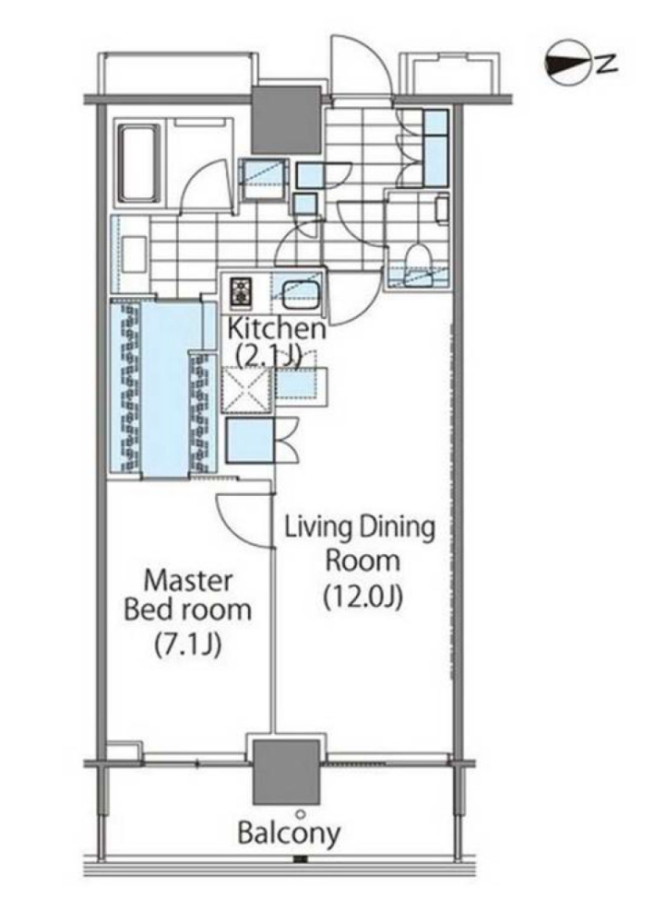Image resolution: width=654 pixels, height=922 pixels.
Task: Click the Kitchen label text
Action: [x=277, y=328]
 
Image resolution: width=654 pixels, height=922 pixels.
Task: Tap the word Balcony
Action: [x=289, y=833]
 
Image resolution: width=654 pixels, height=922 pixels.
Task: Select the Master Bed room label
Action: [x=187, y=595]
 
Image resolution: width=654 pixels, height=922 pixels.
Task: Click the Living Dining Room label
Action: [x=361, y=543]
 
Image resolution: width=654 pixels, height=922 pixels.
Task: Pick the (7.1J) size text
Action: [x=187, y=645]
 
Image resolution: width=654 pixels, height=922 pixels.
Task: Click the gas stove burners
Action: [x=241, y=290]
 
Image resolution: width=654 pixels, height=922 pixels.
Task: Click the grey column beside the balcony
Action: [x=287, y=772]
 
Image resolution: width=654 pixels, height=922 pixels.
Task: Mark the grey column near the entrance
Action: [x=287, y=120]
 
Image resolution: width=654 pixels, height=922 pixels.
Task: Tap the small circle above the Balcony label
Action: [x=301, y=814]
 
